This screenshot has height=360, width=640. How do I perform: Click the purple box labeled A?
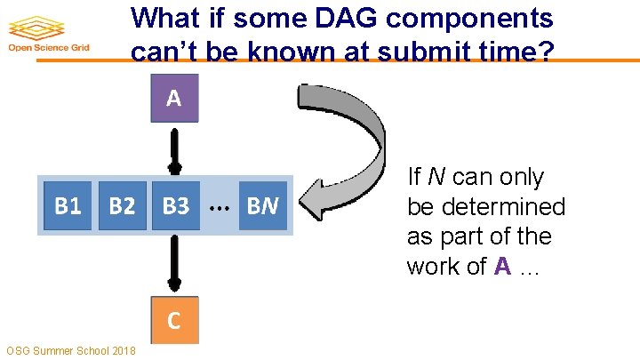174,98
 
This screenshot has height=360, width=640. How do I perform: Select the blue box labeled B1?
68,206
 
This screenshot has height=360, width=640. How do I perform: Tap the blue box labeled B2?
122,206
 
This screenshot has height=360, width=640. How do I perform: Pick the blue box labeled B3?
175,206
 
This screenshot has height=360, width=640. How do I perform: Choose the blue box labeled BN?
263,206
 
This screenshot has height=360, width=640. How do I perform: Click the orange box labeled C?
174,320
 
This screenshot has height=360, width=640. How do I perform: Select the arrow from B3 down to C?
175,262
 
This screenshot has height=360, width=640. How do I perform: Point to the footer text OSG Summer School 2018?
70,351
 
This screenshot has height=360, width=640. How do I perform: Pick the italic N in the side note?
436,177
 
